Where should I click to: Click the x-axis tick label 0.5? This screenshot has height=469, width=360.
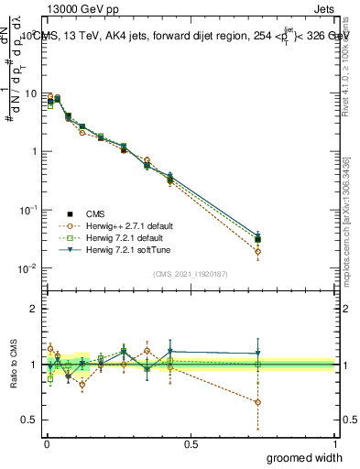pos(190,442)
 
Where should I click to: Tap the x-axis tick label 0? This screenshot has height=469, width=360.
pos(45,442)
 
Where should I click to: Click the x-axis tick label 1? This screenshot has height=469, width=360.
pos(334,442)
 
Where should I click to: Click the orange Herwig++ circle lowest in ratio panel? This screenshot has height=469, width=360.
pos(258,402)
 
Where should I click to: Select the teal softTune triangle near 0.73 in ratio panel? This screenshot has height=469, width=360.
pos(258,354)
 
